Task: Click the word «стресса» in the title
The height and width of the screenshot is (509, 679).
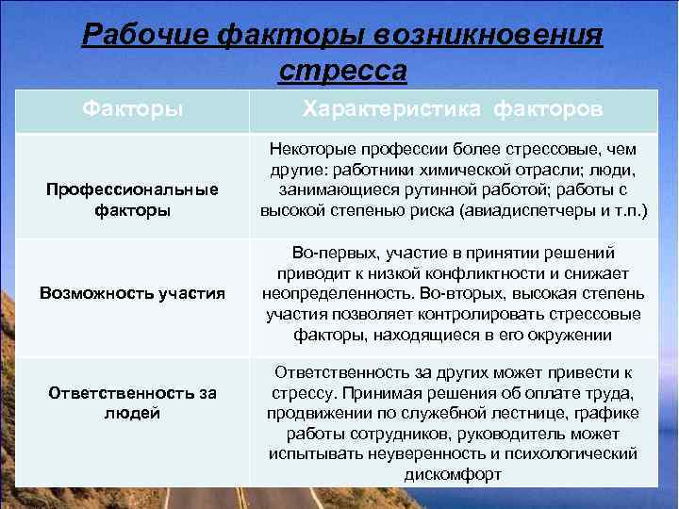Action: (x=343, y=71)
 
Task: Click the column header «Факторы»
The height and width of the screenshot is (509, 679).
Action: (x=132, y=110)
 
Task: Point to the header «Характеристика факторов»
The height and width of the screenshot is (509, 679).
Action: (x=452, y=110)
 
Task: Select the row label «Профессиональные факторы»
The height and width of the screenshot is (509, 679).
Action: (x=133, y=200)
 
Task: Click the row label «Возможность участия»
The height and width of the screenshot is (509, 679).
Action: (x=133, y=293)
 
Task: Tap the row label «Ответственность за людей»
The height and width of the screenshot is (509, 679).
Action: (x=133, y=403)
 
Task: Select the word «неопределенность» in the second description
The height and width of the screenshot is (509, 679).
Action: (x=327, y=293)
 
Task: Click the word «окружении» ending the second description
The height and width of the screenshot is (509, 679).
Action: (x=574, y=335)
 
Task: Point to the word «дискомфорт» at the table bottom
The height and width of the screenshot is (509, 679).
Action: (x=453, y=475)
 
